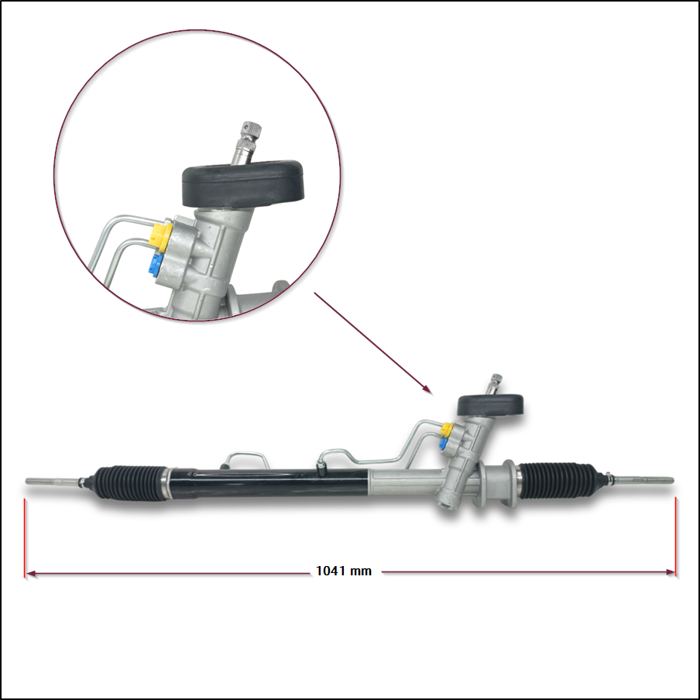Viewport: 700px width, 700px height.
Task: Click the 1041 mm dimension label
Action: click(344, 571)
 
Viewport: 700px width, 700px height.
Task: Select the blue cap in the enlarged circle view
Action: click(156, 265)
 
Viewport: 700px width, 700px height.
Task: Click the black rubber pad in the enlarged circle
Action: click(243, 184)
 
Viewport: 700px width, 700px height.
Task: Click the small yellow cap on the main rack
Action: click(447, 430)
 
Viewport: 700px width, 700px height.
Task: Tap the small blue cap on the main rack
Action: click(444, 443)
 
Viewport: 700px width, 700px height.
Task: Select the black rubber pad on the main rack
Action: click(490, 405)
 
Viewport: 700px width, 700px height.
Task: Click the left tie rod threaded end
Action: click(52, 482)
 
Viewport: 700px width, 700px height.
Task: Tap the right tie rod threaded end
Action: click(643, 480)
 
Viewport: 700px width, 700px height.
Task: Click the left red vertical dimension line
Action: click(25, 538)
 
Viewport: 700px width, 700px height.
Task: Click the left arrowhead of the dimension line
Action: click(31, 573)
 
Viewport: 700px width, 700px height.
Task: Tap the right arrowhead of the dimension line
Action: click(670, 572)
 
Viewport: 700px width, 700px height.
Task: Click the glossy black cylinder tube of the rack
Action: click(268, 483)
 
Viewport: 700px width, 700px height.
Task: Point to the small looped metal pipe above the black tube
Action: click(246, 459)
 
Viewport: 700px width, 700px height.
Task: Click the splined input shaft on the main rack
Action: click(495, 384)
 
